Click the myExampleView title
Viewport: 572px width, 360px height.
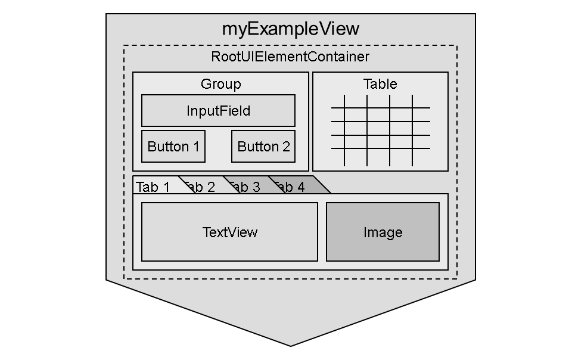[290, 29]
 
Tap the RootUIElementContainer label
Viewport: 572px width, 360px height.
[290, 57]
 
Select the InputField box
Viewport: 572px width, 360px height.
[218, 111]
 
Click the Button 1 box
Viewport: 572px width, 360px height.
[173, 146]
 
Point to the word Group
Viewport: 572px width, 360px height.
[221, 84]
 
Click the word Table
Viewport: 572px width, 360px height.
[380, 84]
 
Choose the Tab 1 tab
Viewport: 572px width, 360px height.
[154, 187]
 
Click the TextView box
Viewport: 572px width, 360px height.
[229, 232]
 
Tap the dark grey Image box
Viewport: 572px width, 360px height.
[383, 232]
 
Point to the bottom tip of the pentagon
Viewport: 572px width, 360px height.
[291, 345]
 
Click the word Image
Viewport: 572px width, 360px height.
[383, 232]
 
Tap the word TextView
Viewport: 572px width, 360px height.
[230, 232]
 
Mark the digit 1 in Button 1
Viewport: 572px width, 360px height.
[195, 147]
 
